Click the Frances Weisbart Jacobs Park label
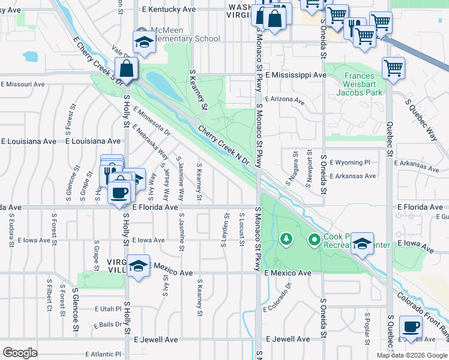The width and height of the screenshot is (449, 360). click(359, 84)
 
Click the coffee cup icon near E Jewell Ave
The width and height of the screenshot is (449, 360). click(411, 328)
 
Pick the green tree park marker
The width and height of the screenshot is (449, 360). click(286, 240)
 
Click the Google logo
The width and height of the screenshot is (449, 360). click(20, 352)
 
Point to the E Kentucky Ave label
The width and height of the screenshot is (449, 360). click(169, 10)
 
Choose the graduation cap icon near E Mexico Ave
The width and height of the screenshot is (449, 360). click(139, 265)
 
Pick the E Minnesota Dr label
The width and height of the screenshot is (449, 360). click(152, 120)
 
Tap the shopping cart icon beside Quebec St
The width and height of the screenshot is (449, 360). click(393, 68)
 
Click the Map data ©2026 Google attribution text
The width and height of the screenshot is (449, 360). click(411, 355)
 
